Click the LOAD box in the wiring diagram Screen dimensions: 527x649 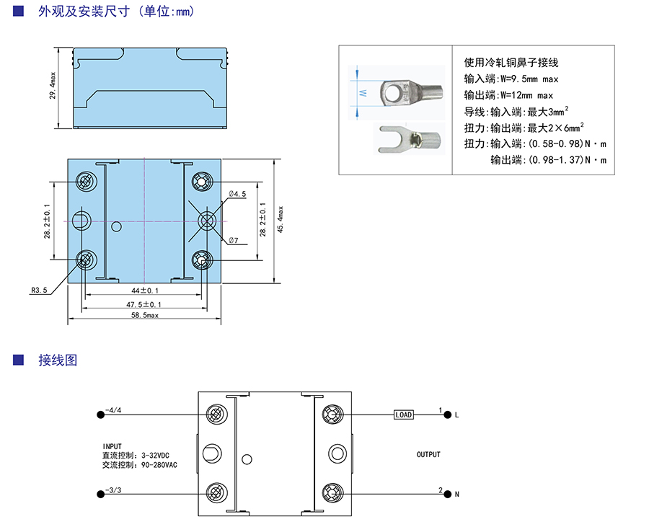(404, 415)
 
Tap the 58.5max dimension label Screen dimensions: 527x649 (144, 316)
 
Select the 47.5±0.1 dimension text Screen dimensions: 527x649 (144, 305)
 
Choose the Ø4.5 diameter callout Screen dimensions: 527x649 (237, 195)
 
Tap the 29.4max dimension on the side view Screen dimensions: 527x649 (53, 85)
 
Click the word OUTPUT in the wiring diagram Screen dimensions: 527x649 (428, 455)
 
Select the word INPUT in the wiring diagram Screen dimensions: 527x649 (113, 446)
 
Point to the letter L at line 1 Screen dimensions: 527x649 (456, 415)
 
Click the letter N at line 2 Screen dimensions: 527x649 (456, 495)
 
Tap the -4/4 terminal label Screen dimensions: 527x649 (113, 410)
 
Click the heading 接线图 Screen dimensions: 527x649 (58, 360)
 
